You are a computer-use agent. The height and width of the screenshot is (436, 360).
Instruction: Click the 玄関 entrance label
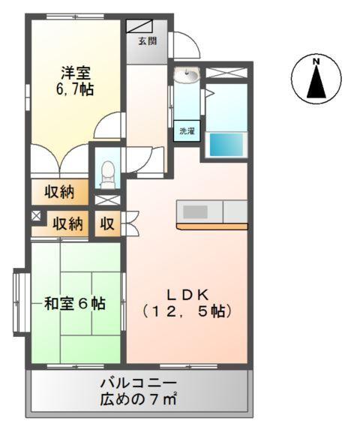[147, 41]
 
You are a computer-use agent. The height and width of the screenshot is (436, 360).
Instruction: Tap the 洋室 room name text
[76, 73]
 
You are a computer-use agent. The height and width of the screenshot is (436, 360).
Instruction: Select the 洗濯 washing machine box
[187, 131]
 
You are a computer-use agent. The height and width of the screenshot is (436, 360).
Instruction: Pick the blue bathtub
[227, 145]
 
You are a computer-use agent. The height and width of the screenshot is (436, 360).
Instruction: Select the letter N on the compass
[316, 61]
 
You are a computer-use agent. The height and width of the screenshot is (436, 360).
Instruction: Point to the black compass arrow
[316, 83]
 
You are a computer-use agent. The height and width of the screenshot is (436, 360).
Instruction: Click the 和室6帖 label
[74, 304]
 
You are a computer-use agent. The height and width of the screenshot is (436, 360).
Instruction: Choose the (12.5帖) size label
[186, 310]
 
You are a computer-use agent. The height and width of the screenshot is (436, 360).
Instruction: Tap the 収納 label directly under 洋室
[58, 192]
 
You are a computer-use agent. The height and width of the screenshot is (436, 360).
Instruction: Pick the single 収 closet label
[108, 223]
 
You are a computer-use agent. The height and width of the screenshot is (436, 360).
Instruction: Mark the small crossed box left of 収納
[35, 216]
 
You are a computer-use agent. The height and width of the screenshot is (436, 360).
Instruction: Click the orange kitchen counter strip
[212, 225]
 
